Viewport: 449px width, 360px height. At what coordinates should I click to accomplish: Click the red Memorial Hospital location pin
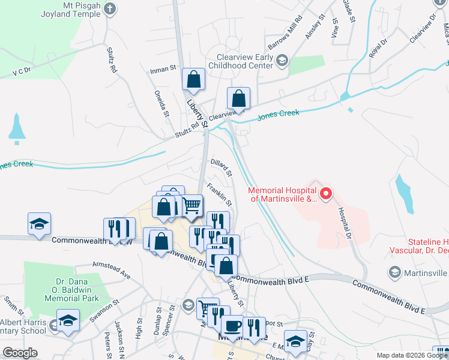click(325, 193)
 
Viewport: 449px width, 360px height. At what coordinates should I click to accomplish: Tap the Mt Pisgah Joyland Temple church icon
click(110, 8)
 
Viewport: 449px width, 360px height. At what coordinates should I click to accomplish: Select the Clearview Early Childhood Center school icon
click(282, 59)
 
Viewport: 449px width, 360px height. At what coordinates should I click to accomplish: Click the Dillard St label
click(221, 167)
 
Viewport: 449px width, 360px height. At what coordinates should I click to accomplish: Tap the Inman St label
click(163, 70)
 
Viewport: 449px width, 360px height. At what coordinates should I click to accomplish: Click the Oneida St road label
click(161, 103)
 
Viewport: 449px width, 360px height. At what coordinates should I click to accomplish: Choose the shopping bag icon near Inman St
click(194, 79)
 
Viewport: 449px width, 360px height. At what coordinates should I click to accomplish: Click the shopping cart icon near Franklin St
click(191, 205)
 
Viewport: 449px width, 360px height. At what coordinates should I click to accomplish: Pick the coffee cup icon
click(232, 326)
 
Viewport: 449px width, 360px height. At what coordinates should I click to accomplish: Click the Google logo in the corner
click(20, 353)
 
